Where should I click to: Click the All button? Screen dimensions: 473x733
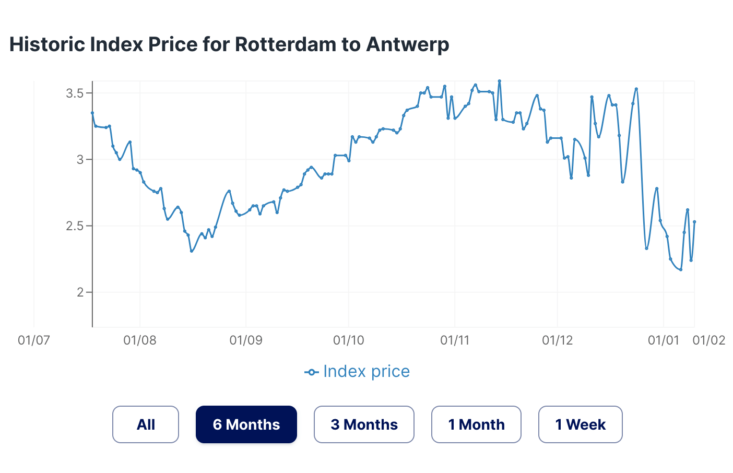coord(146,424)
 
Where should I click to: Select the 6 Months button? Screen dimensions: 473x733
coord(246,424)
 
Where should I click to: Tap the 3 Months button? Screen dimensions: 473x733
coord(364,424)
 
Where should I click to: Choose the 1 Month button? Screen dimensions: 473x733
coord(476,424)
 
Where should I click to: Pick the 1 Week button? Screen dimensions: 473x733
coord(580,424)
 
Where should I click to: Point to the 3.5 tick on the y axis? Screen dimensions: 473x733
coord(74,93)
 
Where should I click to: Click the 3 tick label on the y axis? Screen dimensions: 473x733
coord(80,160)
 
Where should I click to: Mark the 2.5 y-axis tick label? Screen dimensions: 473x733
coord(74,226)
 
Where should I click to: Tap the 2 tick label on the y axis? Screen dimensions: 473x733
coord(80,292)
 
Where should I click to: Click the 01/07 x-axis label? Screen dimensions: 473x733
coord(34,340)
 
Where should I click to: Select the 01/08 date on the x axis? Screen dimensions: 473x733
coord(140,340)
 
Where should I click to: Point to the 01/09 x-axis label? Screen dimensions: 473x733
coord(246,340)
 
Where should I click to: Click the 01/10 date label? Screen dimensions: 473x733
coord(348,340)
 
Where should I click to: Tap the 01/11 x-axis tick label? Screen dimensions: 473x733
coord(455,340)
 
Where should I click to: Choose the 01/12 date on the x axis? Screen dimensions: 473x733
coord(558,340)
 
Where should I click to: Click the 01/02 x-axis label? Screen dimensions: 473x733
coord(708,340)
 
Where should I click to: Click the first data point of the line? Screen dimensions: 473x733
coord(92,113)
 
